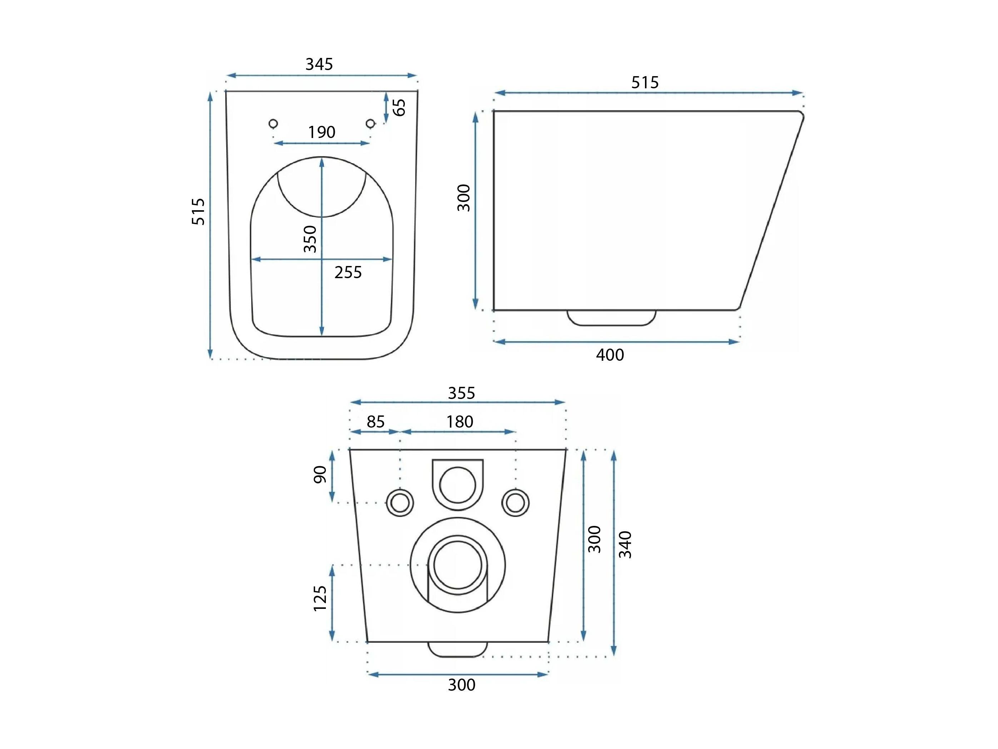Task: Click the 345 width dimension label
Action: click(319, 65)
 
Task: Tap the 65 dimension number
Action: click(399, 108)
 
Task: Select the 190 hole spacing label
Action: click(322, 132)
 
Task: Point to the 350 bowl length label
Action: click(310, 239)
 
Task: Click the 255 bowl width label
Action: click(348, 273)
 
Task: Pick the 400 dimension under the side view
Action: click(610, 355)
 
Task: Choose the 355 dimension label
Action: click(462, 393)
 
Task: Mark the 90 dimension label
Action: click(320, 474)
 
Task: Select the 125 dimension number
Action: click(320, 598)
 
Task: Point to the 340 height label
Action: click(625, 545)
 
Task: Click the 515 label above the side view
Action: click(645, 83)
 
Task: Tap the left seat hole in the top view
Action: click(273, 123)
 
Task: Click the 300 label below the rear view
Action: click(462, 685)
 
